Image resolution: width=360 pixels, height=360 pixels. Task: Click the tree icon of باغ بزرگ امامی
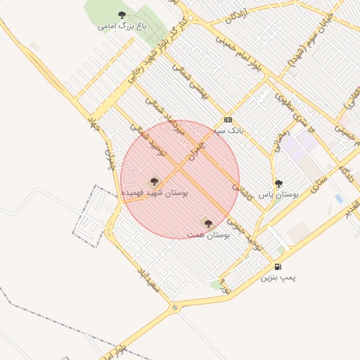pos(122,15)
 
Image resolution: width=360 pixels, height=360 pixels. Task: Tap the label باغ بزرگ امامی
pos(117,26)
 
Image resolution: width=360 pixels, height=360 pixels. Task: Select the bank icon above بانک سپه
pos(228,120)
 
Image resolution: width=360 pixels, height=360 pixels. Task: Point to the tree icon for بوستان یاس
pos(278,184)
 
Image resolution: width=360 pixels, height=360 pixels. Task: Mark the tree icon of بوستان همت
pos(207,223)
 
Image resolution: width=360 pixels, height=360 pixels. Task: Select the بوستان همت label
pos(209,233)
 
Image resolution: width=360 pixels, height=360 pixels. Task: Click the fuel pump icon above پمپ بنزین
pos(278,266)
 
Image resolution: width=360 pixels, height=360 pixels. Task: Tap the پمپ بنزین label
pos(279,277)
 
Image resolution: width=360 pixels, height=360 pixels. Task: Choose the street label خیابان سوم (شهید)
pos(307,52)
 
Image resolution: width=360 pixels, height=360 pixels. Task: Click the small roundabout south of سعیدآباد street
pos(174,307)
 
